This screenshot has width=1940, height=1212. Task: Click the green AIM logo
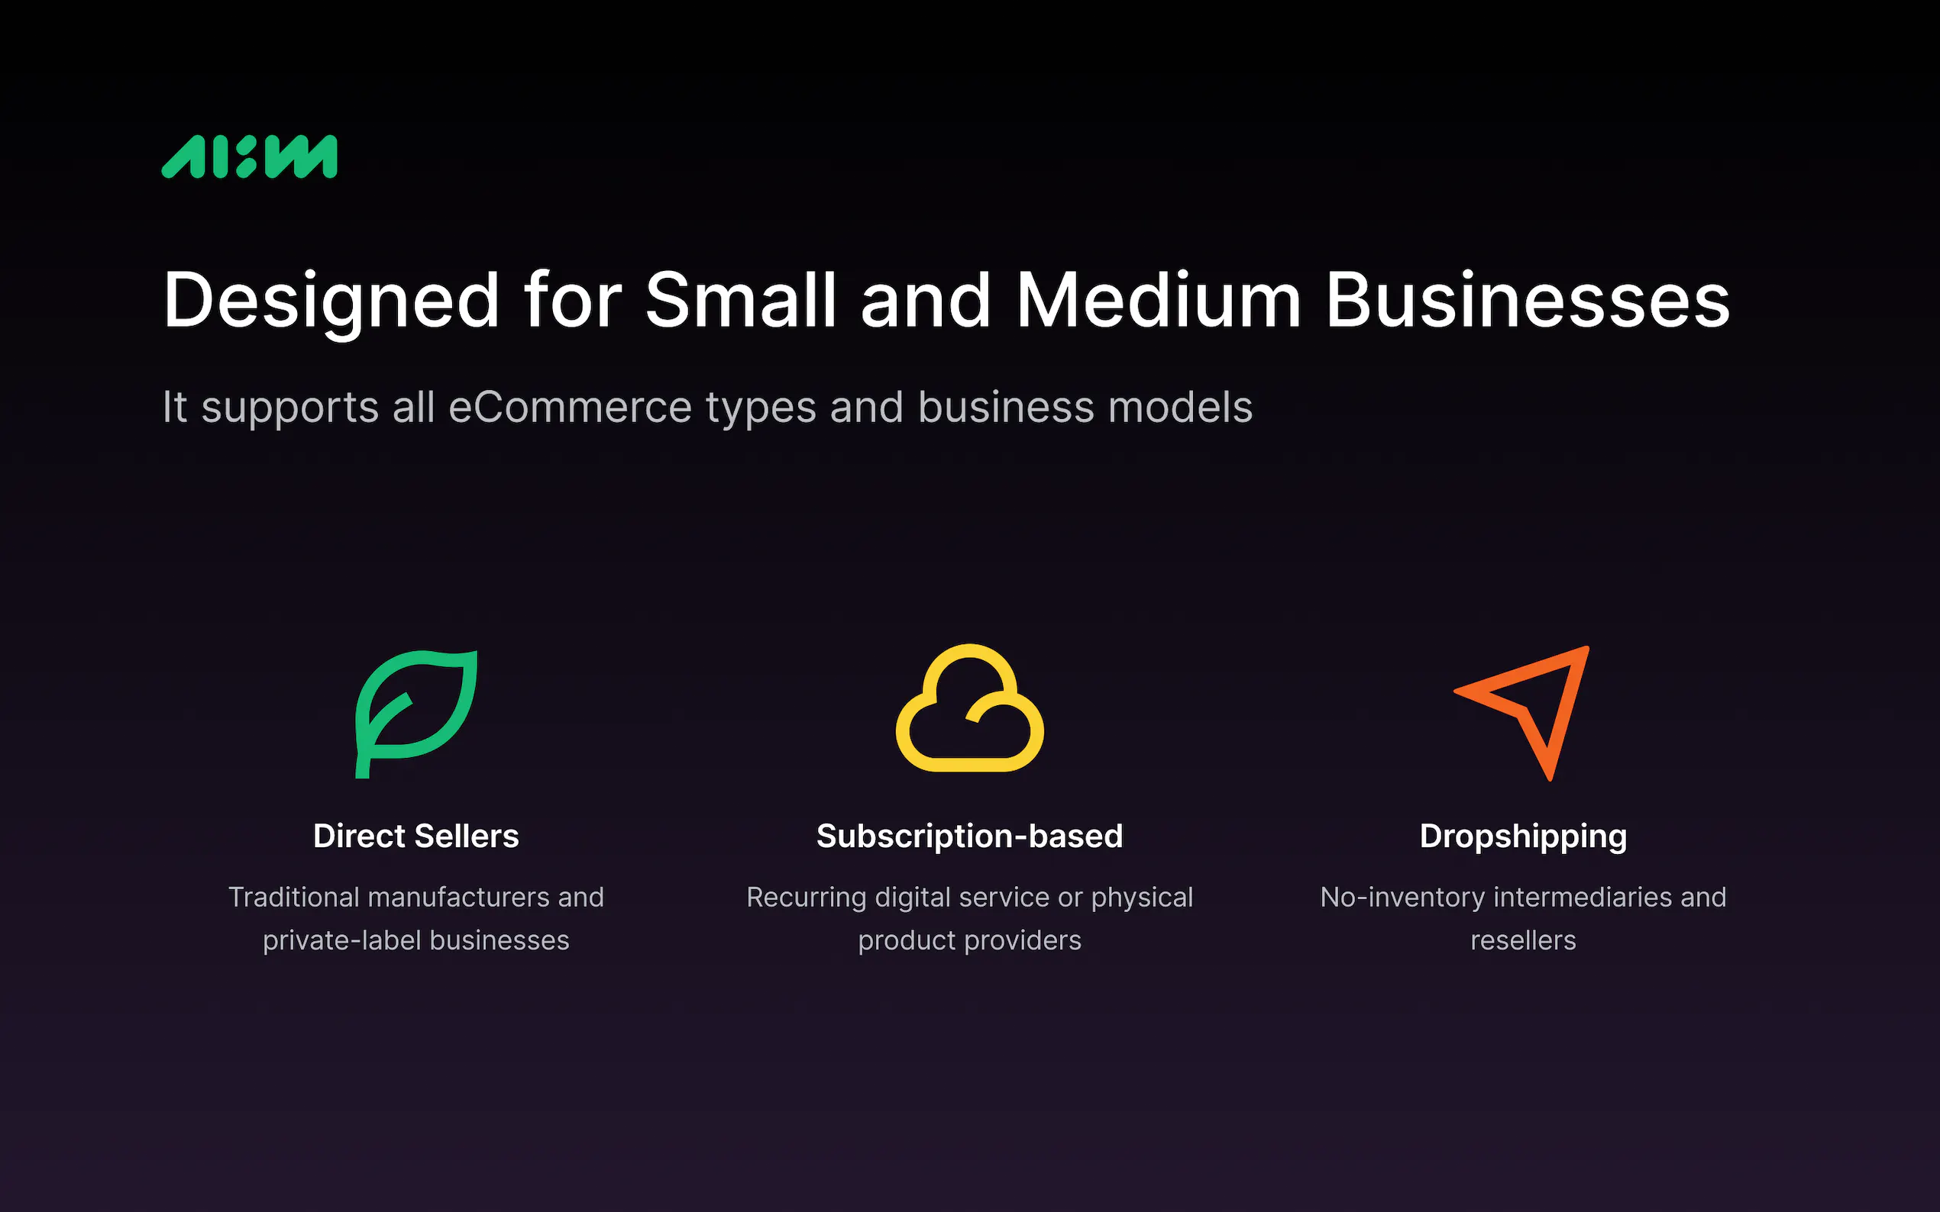[x=250, y=156]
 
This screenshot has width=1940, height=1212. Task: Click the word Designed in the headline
[x=331, y=301]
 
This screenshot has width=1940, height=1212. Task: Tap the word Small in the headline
[x=741, y=300]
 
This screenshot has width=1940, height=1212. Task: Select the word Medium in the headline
[x=1159, y=300]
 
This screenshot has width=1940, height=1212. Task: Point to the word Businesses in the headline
[x=1528, y=300]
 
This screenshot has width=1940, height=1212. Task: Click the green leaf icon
[x=416, y=714]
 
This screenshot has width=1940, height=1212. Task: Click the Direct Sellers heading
[x=416, y=836]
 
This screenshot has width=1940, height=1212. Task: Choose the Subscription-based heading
[x=969, y=836]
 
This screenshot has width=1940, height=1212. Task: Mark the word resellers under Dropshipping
[x=1523, y=940]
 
